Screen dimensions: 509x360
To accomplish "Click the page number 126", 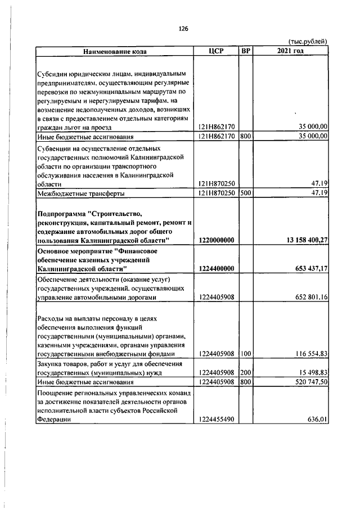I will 183,29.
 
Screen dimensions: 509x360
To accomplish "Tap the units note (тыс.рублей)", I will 307,42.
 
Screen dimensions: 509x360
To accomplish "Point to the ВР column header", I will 245,51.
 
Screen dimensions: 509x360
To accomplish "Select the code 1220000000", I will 217,240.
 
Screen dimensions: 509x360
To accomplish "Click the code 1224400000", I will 217,268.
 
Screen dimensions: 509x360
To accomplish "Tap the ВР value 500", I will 245,193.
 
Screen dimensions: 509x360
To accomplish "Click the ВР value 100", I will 245,353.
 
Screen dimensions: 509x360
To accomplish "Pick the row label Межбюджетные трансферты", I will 80,193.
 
